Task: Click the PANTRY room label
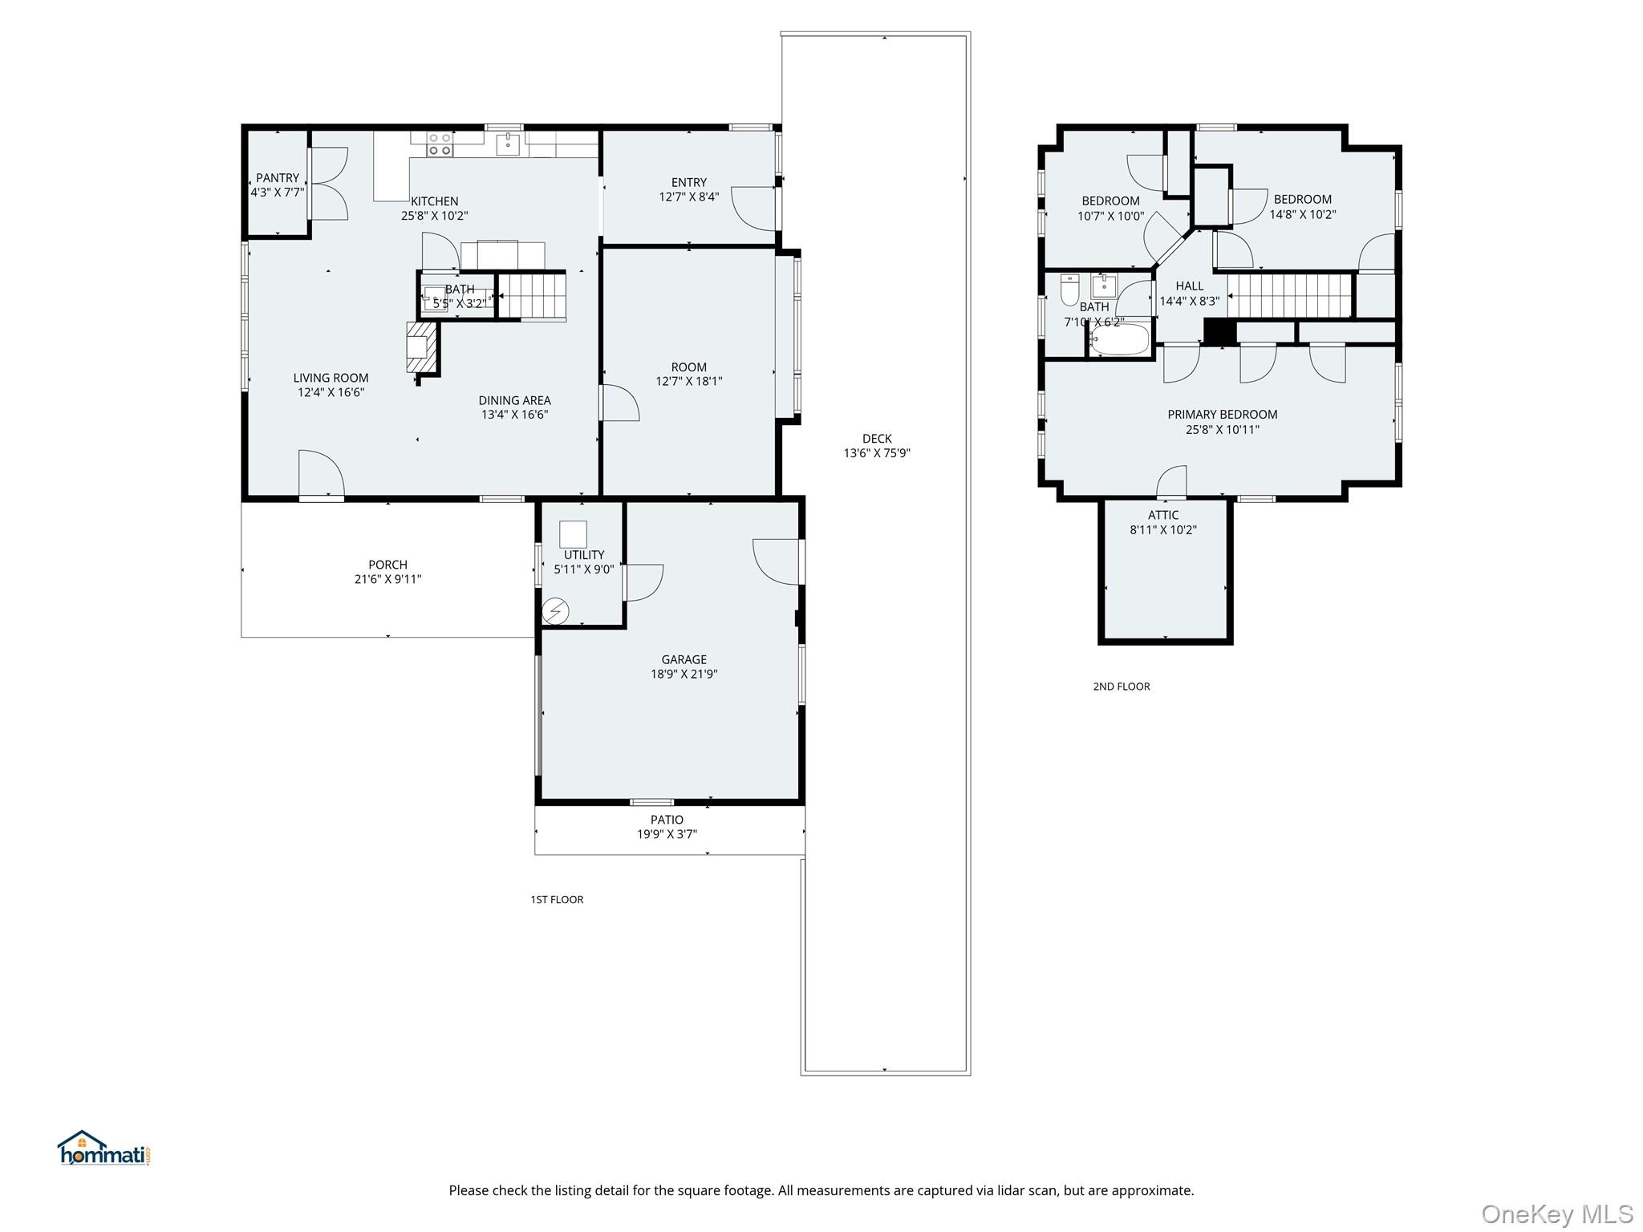[278, 178]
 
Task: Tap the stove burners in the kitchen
[439, 144]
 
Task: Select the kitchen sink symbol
[508, 144]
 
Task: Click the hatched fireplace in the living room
[423, 347]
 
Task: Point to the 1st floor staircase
[532, 296]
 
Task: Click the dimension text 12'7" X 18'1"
[688, 382]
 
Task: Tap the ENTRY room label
[688, 183]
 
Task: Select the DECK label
[877, 439]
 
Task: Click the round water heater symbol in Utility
[555, 612]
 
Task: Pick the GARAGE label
[684, 660]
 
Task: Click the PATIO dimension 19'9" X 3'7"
[667, 834]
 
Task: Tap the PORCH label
[387, 565]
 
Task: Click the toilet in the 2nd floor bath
[1069, 290]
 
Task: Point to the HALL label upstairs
[1189, 286]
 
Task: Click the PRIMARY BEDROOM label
[1222, 415]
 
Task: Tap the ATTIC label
[1162, 516]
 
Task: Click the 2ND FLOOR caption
[1121, 687]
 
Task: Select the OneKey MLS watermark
[1556, 1214]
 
